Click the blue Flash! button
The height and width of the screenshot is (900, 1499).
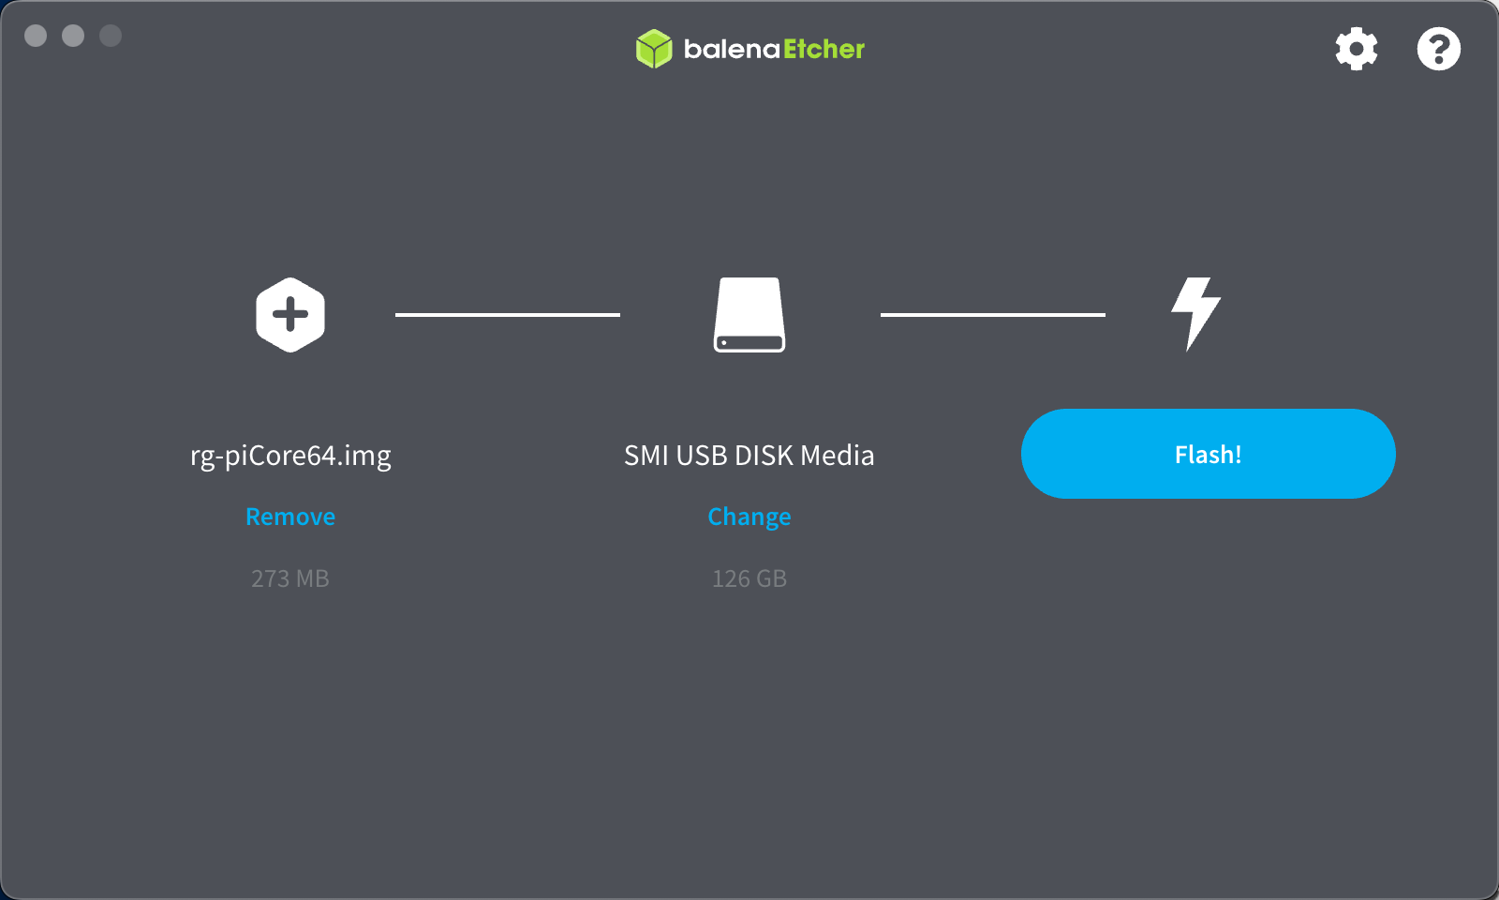tap(1208, 454)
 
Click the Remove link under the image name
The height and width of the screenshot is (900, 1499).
tap(290, 517)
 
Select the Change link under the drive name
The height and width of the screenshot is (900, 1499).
tap(749, 517)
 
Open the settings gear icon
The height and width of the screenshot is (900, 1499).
tap(1356, 49)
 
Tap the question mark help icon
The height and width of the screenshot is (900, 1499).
tap(1438, 49)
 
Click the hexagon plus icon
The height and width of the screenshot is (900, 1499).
tap(290, 315)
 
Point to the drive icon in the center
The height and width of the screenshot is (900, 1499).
tap(749, 315)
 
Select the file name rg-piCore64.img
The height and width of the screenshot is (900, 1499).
tap(290, 456)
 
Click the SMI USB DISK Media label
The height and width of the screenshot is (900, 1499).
tap(749, 456)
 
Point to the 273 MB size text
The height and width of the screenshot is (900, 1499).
tap(290, 578)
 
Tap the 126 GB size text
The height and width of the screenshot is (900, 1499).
tap(749, 578)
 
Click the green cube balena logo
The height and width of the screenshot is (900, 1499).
tap(654, 49)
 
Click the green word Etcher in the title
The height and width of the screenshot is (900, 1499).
tap(824, 49)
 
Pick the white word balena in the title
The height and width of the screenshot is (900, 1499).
tap(732, 49)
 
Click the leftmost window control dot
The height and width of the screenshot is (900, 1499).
tap(36, 36)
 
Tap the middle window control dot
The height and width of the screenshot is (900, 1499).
tap(73, 36)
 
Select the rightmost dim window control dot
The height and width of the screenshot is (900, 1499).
tap(111, 36)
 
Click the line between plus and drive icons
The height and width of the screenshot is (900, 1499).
tap(508, 315)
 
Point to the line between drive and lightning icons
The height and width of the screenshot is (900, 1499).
tap(993, 315)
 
